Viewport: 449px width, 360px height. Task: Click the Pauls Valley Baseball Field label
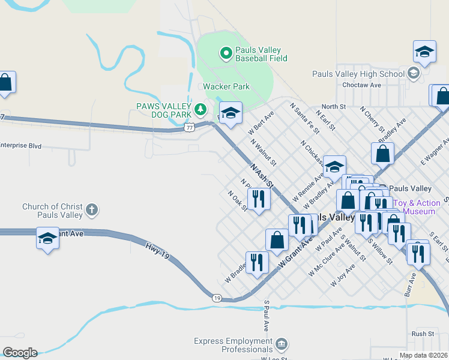tap(261, 54)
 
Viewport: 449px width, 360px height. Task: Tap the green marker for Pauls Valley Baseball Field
tap(226, 54)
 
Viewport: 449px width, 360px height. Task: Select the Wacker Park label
tap(226, 86)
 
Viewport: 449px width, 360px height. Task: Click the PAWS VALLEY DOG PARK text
tap(163, 110)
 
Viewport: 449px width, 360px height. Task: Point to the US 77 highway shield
tap(190, 127)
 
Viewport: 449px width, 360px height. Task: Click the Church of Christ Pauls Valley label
tap(52, 211)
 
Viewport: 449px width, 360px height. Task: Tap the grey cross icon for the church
tap(91, 210)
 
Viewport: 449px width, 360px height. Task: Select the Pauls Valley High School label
tap(358, 74)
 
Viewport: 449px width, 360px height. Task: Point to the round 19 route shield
tap(217, 298)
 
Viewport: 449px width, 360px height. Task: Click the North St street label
tap(334, 106)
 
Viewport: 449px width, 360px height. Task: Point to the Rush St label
tap(423, 334)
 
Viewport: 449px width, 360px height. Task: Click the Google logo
tap(20, 353)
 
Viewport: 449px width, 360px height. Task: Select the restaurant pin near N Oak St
tap(259, 199)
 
